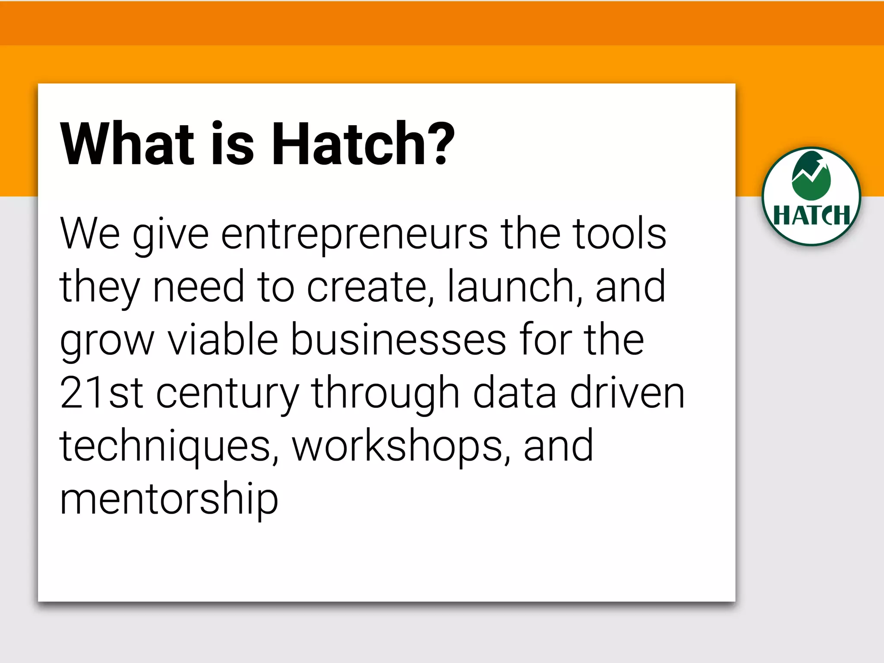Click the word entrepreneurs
(x=354, y=235)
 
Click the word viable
(x=223, y=340)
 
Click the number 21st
(x=101, y=393)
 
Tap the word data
(x=515, y=393)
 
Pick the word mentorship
(x=169, y=500)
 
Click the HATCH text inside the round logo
(x=811, y=215)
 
